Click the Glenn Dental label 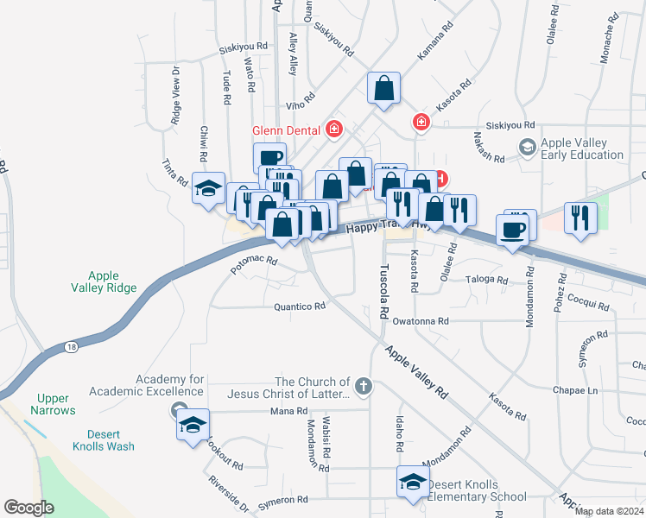(x=288, y=131)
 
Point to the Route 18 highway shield (x=70, y=347)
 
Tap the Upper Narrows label (x=53, y=404)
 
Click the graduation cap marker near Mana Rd (x=193, y=425)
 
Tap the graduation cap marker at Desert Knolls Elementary (x=413, y=482)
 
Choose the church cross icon (x=364, y=386)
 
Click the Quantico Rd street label (x=300, y=306)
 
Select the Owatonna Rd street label (x=421, y=321)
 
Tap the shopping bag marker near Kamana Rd (x=383, y=88)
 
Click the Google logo (x=28, y=508)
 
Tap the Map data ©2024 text (x=608, y=511)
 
